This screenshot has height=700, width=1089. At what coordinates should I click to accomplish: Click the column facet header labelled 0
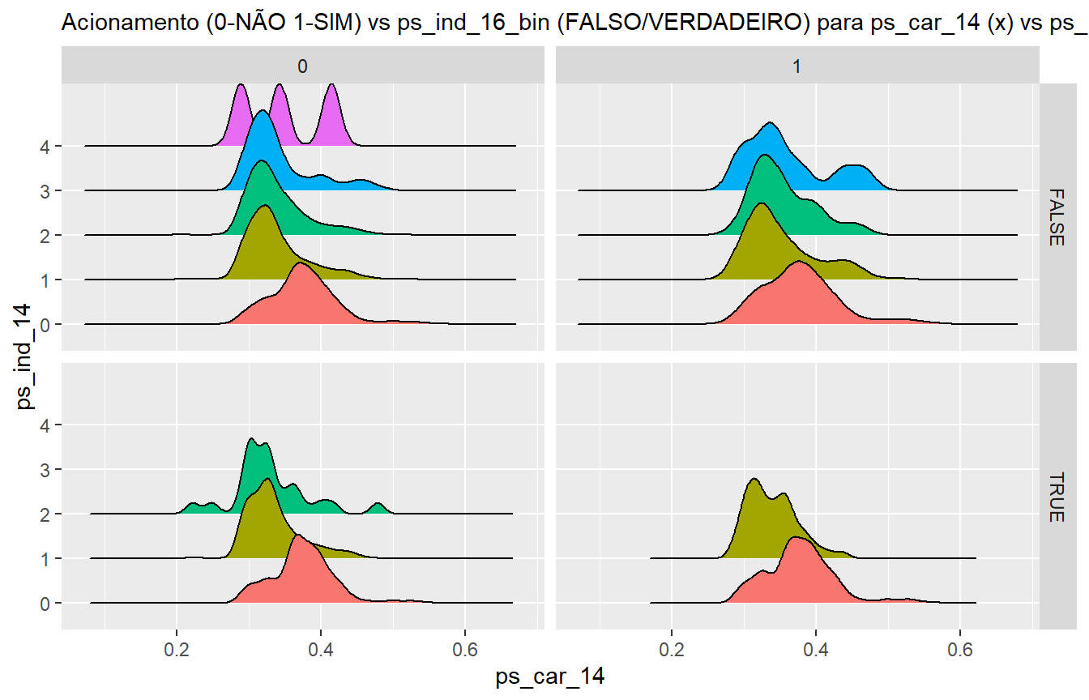coord(302,67)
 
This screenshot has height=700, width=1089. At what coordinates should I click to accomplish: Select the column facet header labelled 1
coord(797,67)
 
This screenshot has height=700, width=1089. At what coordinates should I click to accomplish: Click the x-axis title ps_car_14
coord(550,677)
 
